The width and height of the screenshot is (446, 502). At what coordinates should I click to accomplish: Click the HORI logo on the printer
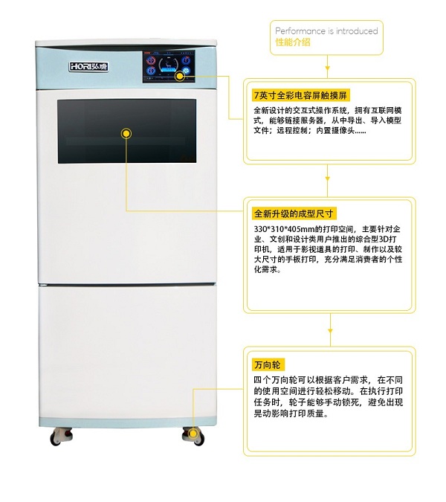88,67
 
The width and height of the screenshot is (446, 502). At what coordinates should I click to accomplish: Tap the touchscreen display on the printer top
169,67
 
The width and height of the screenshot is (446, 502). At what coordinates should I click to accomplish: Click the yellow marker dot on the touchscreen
180,76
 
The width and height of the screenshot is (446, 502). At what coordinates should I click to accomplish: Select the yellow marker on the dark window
126,133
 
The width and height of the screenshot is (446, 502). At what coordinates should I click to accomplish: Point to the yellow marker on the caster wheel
193,434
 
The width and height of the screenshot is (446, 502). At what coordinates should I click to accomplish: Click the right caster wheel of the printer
193,436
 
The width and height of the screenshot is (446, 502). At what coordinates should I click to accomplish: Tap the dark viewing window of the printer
127,131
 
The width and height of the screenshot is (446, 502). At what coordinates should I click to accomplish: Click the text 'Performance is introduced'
326,31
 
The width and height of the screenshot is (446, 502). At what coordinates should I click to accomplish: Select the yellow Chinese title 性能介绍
293,42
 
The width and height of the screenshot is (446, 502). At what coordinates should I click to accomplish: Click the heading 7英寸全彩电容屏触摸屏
300,95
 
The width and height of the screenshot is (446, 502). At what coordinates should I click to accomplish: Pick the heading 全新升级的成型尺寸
294,213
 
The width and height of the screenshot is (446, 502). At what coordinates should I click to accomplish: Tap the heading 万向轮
267,365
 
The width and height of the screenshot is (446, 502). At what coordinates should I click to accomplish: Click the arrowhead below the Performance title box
327,68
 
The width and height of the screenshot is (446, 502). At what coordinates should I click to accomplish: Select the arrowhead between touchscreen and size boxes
327,178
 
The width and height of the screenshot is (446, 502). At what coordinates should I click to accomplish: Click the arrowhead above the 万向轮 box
330,331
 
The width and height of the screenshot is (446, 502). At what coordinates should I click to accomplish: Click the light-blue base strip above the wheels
128,422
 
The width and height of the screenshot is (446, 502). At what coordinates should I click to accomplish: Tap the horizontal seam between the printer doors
128,284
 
